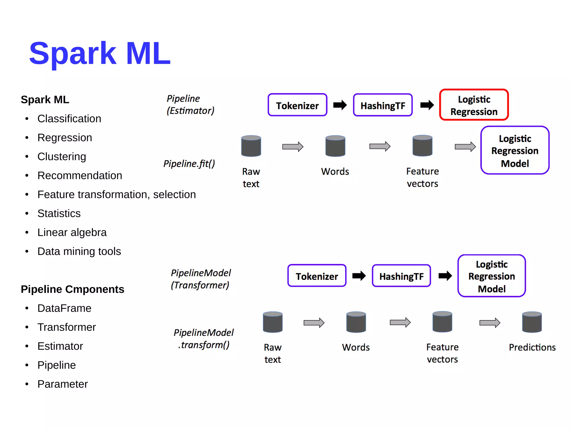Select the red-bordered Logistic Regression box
(474, 105)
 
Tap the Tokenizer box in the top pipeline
(297, 105)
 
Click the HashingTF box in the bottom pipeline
(401, 276)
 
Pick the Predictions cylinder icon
(532, 322)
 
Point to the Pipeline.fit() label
(189, 163)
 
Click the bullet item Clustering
(62, 157)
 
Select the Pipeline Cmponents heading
(72, 289)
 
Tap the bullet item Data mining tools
(79, 251)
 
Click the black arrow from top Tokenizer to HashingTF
(340, 105)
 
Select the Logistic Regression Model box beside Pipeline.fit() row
(515, 150)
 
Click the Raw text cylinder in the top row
(251, 146)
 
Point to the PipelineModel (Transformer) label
(201, 279)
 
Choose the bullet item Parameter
(63, 384)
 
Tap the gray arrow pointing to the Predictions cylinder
(490, 323)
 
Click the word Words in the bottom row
(356, 347)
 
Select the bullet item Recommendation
(80, 176)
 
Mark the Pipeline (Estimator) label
(190, 105)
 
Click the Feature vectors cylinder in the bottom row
(442, 322)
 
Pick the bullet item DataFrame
(64, 308)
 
